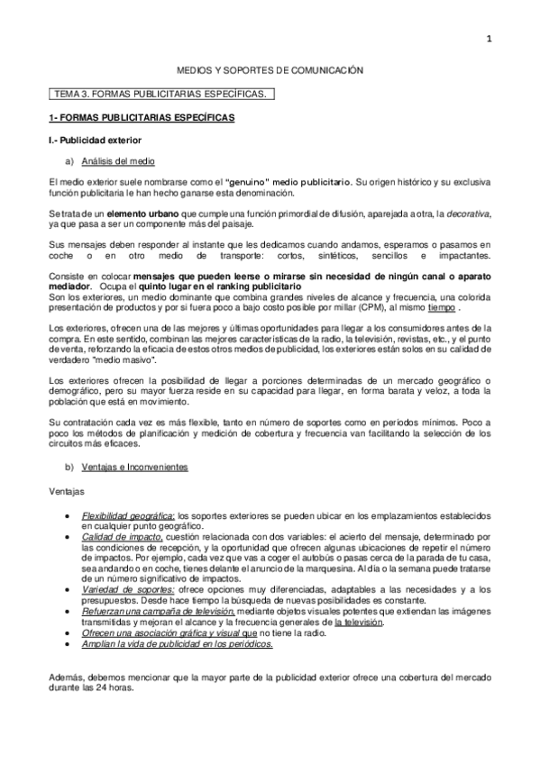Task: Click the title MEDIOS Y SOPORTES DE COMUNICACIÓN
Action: (270, 69)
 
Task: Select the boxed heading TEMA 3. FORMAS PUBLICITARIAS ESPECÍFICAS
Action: (160, 94)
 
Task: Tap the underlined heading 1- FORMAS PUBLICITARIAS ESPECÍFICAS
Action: (141, 119)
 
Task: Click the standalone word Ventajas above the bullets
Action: (66, 493)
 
